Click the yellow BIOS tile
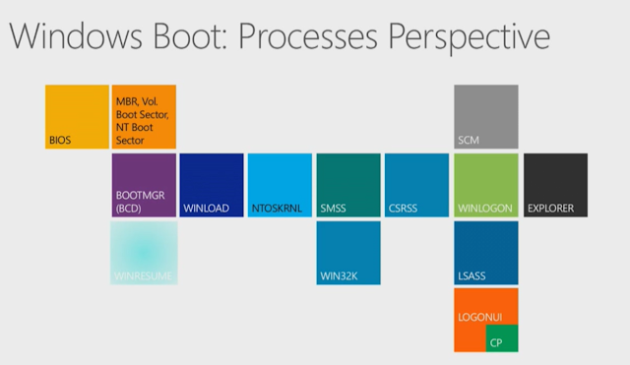(77, 117)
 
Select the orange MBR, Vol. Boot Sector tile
(145, 117)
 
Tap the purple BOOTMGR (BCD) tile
(145, 185)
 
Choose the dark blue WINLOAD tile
(212, 185)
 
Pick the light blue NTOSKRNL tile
(281, 185)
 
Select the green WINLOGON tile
(485, 185)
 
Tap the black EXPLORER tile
(555, 185)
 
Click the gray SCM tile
(485, 117)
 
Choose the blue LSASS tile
(485, 253)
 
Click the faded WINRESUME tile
(145, 253)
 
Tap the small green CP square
(501, 337)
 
